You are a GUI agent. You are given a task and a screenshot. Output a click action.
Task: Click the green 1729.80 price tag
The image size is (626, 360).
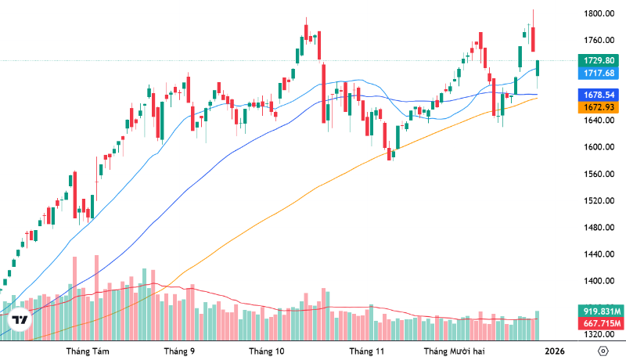tap(599, 60)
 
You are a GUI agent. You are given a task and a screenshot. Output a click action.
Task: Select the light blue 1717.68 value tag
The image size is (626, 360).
tap(599, 73)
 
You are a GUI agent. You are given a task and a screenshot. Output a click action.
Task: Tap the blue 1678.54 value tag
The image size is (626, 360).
tap(599, 94)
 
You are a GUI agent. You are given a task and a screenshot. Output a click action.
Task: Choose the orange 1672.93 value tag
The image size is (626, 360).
tap(599, 106)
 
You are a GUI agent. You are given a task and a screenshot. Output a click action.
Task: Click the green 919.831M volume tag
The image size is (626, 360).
tap(599, 310)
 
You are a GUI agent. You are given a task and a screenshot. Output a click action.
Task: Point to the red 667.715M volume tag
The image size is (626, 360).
tap(599, 324)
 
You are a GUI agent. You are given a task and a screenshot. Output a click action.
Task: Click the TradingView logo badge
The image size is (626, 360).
tap(20, 321)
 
